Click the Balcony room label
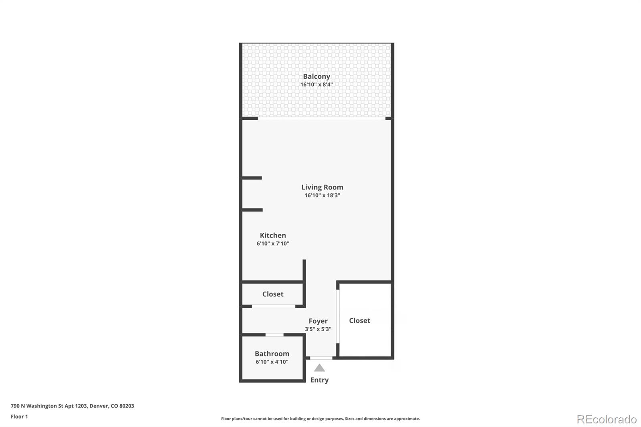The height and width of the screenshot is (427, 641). [x=316, y=76]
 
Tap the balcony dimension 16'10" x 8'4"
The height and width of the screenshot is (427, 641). [x=316, y=85]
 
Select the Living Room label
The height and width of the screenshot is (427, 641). [x=322, y=187]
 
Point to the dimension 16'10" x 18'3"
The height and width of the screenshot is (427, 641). [x=322, y=195]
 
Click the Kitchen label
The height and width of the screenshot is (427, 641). [x=273, y=235]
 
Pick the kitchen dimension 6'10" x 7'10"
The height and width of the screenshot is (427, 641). [x=273, y=244]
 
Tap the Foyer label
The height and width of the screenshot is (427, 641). [x=318, y=321]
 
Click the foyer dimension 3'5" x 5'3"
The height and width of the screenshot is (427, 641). [x=318, y=329]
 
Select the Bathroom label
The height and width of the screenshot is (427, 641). [x=272, y=354]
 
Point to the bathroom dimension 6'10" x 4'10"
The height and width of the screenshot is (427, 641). [x=272, y=362]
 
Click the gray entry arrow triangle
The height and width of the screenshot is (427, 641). [x=319, y=368]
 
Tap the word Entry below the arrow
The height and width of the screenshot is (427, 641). [x=319, y=380]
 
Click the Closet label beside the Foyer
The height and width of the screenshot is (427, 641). [x=359, y=320]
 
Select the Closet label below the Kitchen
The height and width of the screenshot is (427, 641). [x=273, y=294]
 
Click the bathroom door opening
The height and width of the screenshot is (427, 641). [x=274, y=334]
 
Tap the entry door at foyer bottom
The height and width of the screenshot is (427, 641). [x=321, y=358]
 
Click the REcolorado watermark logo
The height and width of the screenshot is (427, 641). [x=607, y=419]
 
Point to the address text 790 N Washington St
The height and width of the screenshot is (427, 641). [x=73, y=406]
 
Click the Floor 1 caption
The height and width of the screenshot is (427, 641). [x=19, y=417]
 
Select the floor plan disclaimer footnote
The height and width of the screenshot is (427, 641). [x=320, y=419]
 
